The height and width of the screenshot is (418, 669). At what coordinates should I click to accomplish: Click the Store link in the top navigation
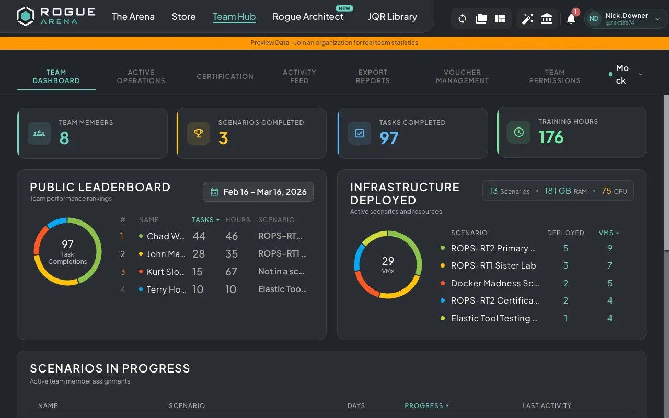[183, 17]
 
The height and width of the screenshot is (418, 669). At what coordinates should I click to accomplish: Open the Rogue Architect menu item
[308, 17]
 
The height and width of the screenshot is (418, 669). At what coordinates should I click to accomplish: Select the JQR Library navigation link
[392, 17]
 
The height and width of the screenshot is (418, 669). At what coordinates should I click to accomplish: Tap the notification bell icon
[571, 19]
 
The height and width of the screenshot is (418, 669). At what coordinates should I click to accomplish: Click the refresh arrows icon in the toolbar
[462, 19]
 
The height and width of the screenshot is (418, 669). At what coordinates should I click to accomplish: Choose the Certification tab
[225, 76]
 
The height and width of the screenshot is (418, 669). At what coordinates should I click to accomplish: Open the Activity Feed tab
[299, 76]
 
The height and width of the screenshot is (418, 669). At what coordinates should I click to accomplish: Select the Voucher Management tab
[462, 76]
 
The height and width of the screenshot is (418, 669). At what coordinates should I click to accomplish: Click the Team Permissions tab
[555, 76]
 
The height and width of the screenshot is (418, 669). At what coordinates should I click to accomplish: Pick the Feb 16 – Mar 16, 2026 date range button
[258, 192]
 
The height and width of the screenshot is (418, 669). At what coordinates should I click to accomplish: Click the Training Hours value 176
[551, 137]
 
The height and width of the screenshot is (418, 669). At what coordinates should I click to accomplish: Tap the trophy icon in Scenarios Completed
[199, 133]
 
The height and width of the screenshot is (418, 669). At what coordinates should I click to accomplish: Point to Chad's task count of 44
[199, 236]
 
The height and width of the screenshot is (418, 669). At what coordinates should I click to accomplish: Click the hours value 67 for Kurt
[232, 272]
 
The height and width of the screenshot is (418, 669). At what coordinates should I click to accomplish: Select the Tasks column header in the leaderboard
[205, 220]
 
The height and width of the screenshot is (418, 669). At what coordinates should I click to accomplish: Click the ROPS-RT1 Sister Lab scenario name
[493, 265]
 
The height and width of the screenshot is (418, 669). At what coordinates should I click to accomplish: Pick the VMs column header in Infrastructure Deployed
[608, 233]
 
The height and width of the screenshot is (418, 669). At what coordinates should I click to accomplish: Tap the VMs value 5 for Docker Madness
[609, 283]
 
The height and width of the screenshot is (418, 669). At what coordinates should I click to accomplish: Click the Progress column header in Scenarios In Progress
[426, 406]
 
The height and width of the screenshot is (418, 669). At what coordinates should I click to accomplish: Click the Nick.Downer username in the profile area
[626, 16]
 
